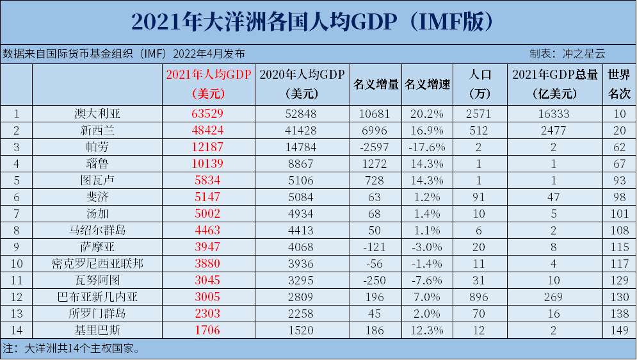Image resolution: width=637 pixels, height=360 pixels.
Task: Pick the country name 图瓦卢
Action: coord(97,181)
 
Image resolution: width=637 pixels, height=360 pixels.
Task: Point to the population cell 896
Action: coord(479,297)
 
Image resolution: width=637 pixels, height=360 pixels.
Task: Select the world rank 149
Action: coord(619,331)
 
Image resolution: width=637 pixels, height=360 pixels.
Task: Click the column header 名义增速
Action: coord(426,85)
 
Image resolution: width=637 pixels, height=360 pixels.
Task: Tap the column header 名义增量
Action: coord(376,85)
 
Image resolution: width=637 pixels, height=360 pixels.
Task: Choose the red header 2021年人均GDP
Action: coord(208,74)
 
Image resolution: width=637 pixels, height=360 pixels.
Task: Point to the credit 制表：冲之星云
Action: coord(567,54)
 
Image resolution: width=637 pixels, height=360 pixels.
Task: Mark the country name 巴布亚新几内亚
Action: coord(97,297)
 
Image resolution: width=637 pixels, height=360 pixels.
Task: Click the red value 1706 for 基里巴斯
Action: coord(208,331)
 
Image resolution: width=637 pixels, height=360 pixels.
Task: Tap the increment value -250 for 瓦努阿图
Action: coord(376,281)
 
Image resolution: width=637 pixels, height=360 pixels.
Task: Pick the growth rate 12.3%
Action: coord(426,331)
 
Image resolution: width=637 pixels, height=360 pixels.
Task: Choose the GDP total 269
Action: coord(555,297)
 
